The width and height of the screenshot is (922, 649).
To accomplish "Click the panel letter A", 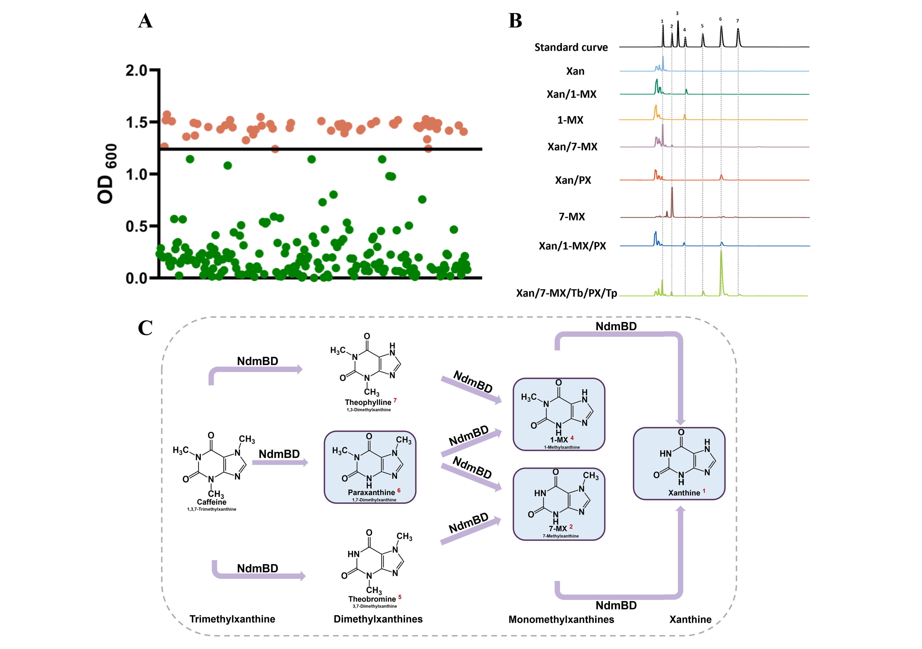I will pos(145,21).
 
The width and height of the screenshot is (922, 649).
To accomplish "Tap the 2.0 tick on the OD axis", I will pos(137,71).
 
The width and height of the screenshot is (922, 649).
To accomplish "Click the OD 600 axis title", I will pos(107,174).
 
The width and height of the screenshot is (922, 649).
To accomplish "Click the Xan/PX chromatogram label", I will pos(573,180).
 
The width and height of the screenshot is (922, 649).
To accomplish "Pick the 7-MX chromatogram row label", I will pos(572,217).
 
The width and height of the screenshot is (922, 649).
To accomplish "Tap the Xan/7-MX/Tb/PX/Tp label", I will pos(566,293).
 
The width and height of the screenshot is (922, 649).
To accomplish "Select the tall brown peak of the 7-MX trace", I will pos(672,201).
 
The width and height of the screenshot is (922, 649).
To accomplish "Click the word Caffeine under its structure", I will pos(212,502).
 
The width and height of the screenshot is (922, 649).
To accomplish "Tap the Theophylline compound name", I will pos(368,402).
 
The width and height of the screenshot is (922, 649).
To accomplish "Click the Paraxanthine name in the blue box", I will pos(372,492).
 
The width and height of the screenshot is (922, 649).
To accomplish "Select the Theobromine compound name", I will pos(372,599).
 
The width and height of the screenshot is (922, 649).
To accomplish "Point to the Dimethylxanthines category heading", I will pos(378,619).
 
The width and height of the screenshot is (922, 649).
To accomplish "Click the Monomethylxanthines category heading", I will pos(561,620).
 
